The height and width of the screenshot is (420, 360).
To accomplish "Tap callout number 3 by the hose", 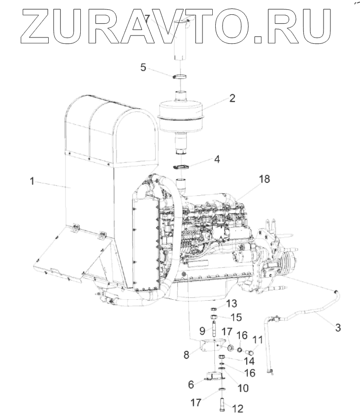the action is (x=337, y=326).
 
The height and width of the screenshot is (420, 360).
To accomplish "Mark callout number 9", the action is (x=202, y=330).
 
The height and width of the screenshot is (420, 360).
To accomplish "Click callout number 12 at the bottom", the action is (x=239, y=409).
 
